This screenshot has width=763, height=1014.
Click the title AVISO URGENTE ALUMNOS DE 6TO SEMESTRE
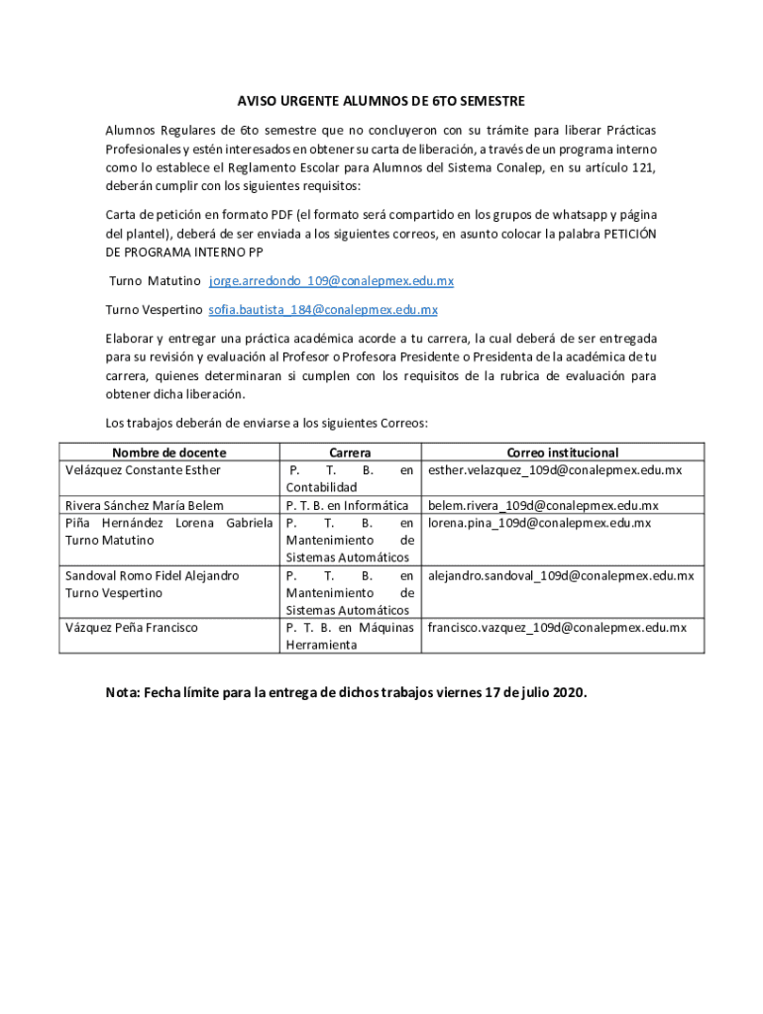point(381,101)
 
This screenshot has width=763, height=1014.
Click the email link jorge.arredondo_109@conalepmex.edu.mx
point(331,281)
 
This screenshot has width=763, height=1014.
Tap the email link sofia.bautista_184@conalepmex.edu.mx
point(322,310)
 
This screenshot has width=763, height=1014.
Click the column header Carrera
point(350,453)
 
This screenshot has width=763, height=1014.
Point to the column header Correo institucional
point(562,453)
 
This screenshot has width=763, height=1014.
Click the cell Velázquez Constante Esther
point(143,470)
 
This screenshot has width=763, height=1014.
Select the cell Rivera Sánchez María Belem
point(145,506)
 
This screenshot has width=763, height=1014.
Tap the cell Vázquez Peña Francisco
point(131,628)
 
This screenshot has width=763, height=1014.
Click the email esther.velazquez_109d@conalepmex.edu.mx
point(555,470)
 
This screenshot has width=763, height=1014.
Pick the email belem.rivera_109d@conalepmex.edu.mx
point(543,506)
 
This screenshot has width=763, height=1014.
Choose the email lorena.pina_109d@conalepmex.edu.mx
point(539,523)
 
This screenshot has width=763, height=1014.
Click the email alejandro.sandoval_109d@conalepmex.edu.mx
point(561,575)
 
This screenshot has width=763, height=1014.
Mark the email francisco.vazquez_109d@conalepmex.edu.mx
point(557,628)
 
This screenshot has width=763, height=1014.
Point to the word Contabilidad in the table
point(321,488)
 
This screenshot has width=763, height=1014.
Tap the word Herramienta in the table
point(321,645)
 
